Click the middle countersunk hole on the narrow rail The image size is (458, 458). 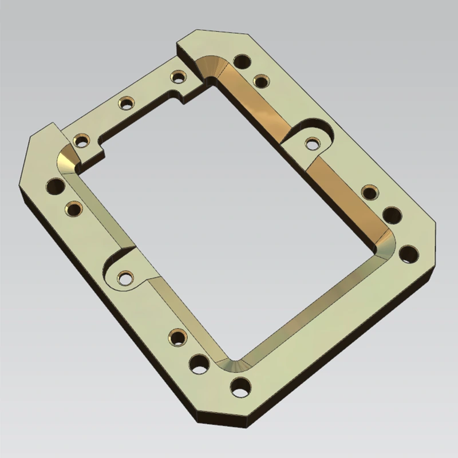[x=125, y=103]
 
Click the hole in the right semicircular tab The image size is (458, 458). [x=311, y=143]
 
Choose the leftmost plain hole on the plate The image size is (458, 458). [x=56, y=185]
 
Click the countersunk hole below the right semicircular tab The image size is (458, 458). [x=369, y=192]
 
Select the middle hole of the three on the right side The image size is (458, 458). [x=392, y=216]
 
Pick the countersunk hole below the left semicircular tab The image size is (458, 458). [x=177, y=337]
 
